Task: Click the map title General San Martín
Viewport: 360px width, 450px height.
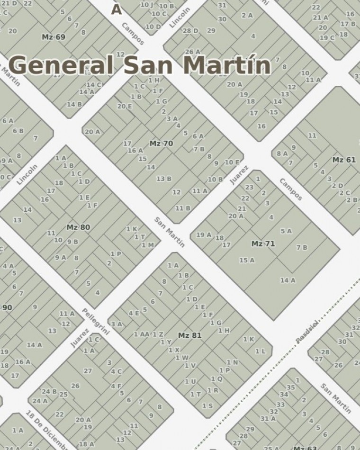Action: pyautogui.click(x=140, y=65)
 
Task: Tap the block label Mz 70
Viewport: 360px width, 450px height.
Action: pyautogui.click(x=162, y=144)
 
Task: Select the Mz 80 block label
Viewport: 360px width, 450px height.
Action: pyautogui.click(x=78, y=227)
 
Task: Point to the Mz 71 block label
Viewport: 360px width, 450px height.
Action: pyautogui.click(x=263, y=244)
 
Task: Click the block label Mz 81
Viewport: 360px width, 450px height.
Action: pyautogui.click(x=190, y=335)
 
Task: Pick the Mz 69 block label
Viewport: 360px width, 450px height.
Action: pyautogui.click(x=54, y=37)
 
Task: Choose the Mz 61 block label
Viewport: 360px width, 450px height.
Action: pyautogui.click(x=344, y=160)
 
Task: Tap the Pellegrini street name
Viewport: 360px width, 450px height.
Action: pyautogui.click(x=96, y=321)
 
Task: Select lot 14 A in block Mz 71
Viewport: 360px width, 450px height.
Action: pyautogui.click(x=288, y=280)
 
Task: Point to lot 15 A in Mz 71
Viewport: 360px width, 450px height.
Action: pyautogui.click(x=247, y=260)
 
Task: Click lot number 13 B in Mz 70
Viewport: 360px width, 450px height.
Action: pyautogui.click(x=164, y=179)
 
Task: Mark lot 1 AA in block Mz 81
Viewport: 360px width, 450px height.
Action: pyautogui.click(x=142, y=334)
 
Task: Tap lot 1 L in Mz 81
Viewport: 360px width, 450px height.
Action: pyautogui.click(x=261, y=351)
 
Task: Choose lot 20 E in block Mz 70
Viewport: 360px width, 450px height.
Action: pyautogui.click(x=125, y=106)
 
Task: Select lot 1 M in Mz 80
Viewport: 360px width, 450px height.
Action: pyautogui.click(x=148, y=245)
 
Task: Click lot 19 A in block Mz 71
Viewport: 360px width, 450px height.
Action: pyautogui.click(x=204, y=234)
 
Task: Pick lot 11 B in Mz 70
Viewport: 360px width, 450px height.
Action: pyautogui.click(x=183, y=208)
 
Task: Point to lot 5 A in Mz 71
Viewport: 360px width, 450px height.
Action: pyautogui.click(x=286, y=231)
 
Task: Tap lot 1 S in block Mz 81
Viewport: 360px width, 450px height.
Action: pyautogui.click(x=207, y=406)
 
